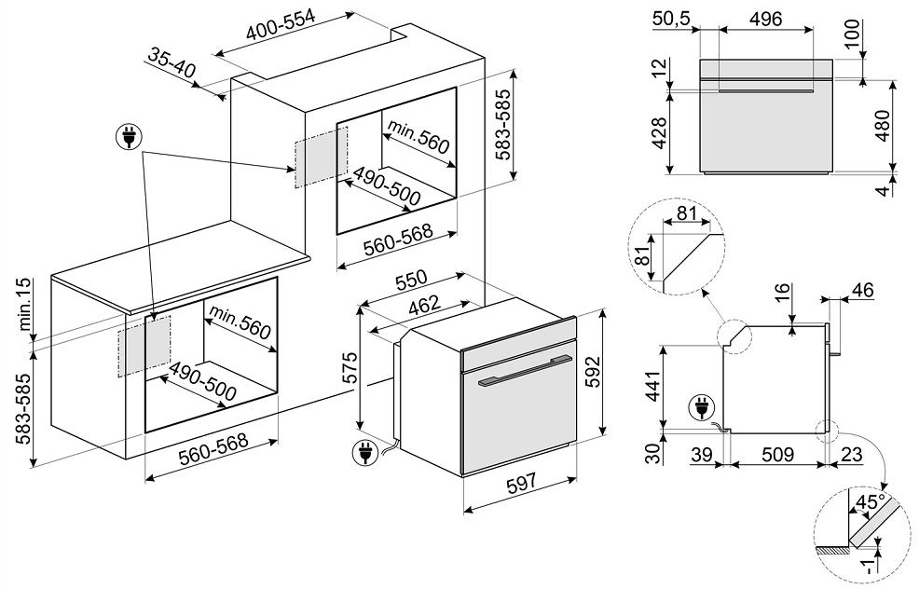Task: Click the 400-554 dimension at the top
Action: pyautogui.click(x=281, y=28)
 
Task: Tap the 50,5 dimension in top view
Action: pyautogui.click(x=673, y=19)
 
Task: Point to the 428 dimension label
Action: pyautogui.click(x=660, y=134)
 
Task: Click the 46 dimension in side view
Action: pyautogui.click(x=862, y=290)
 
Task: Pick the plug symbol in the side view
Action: pyautogui.click(x=696, y=406)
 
